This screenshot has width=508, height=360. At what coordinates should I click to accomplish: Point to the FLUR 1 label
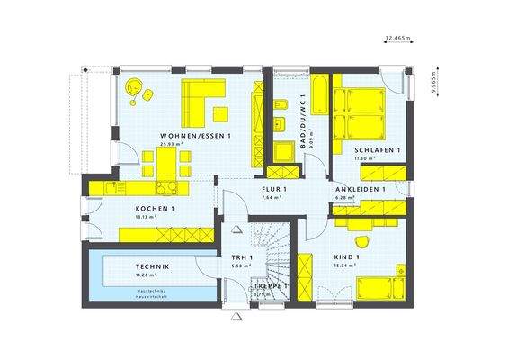pos(273,190)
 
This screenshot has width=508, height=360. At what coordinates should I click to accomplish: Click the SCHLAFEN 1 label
pos(378,149)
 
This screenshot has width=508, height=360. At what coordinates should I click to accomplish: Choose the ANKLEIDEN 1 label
pos(360,190)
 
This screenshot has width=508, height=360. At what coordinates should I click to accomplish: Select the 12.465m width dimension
pos(397,38)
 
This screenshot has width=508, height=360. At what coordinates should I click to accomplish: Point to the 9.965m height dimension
pos(432,78)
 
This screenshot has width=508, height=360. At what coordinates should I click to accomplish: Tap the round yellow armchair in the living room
pos(134,87)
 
